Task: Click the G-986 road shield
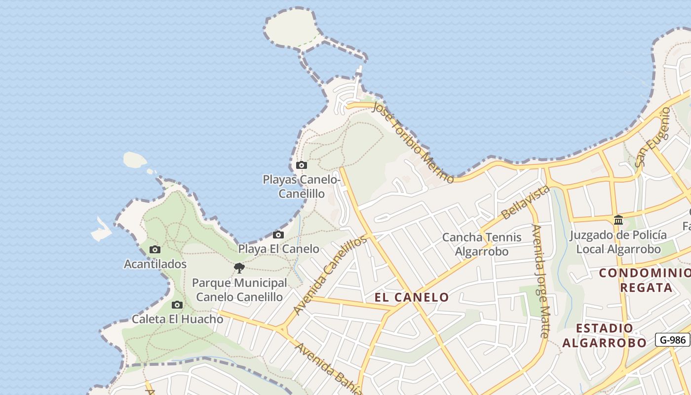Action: click(672, 340)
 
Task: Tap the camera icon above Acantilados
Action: click(155, 250)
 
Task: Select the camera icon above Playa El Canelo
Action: click(278, 235)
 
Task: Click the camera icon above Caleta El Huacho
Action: click(177, 305)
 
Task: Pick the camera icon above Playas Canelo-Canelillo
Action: click(301, 165)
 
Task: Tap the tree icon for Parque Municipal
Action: click(239, 268)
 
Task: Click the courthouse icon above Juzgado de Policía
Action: click(618, 220)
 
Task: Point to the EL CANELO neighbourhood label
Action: click(412, 297)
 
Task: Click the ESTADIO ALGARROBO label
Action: click(605, 335)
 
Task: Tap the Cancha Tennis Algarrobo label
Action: click(481, 244)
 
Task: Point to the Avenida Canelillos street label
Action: click(330, 275)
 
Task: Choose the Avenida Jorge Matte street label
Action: click(540, 281)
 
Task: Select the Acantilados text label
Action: click(155, 264)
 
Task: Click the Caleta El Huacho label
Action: click(177, 319)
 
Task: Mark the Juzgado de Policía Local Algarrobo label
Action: click(618, 242)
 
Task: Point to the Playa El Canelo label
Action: click(278, 249)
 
